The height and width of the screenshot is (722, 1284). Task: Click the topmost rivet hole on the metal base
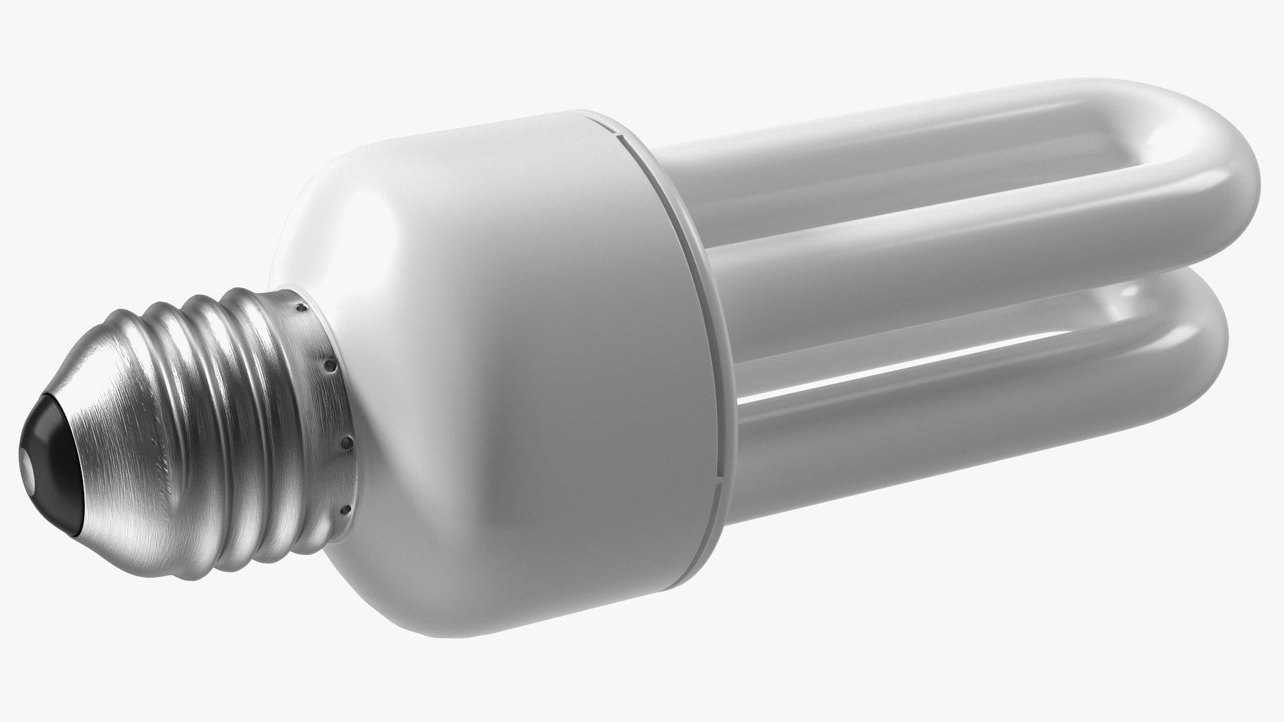(302, 308)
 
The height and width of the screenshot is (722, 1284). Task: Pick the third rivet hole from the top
(346, 443)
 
